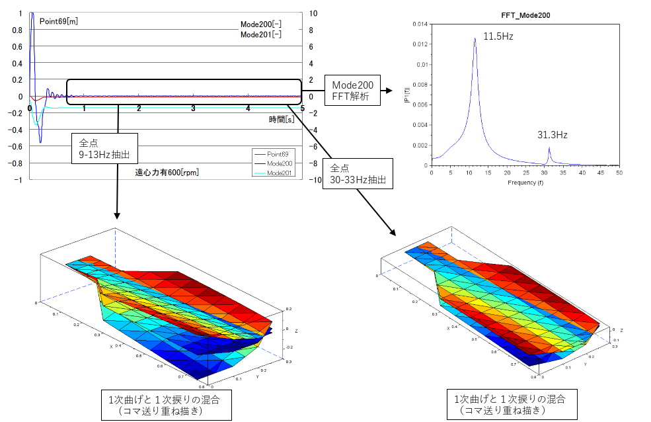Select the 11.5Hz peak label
click(498, 36)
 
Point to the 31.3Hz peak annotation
click(552, 135)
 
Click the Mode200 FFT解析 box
click(352, 91)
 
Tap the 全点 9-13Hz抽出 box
click(106, 149)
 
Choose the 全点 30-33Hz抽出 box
click(358, 174)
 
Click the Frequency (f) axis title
click(525, 182)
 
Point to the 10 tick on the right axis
click(313, 13)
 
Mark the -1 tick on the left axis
click(21, 180)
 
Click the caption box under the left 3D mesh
click(170, 405)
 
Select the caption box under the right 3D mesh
click(510, 405)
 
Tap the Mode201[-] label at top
click(260, 34)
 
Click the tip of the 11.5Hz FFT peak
click(475, 38)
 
